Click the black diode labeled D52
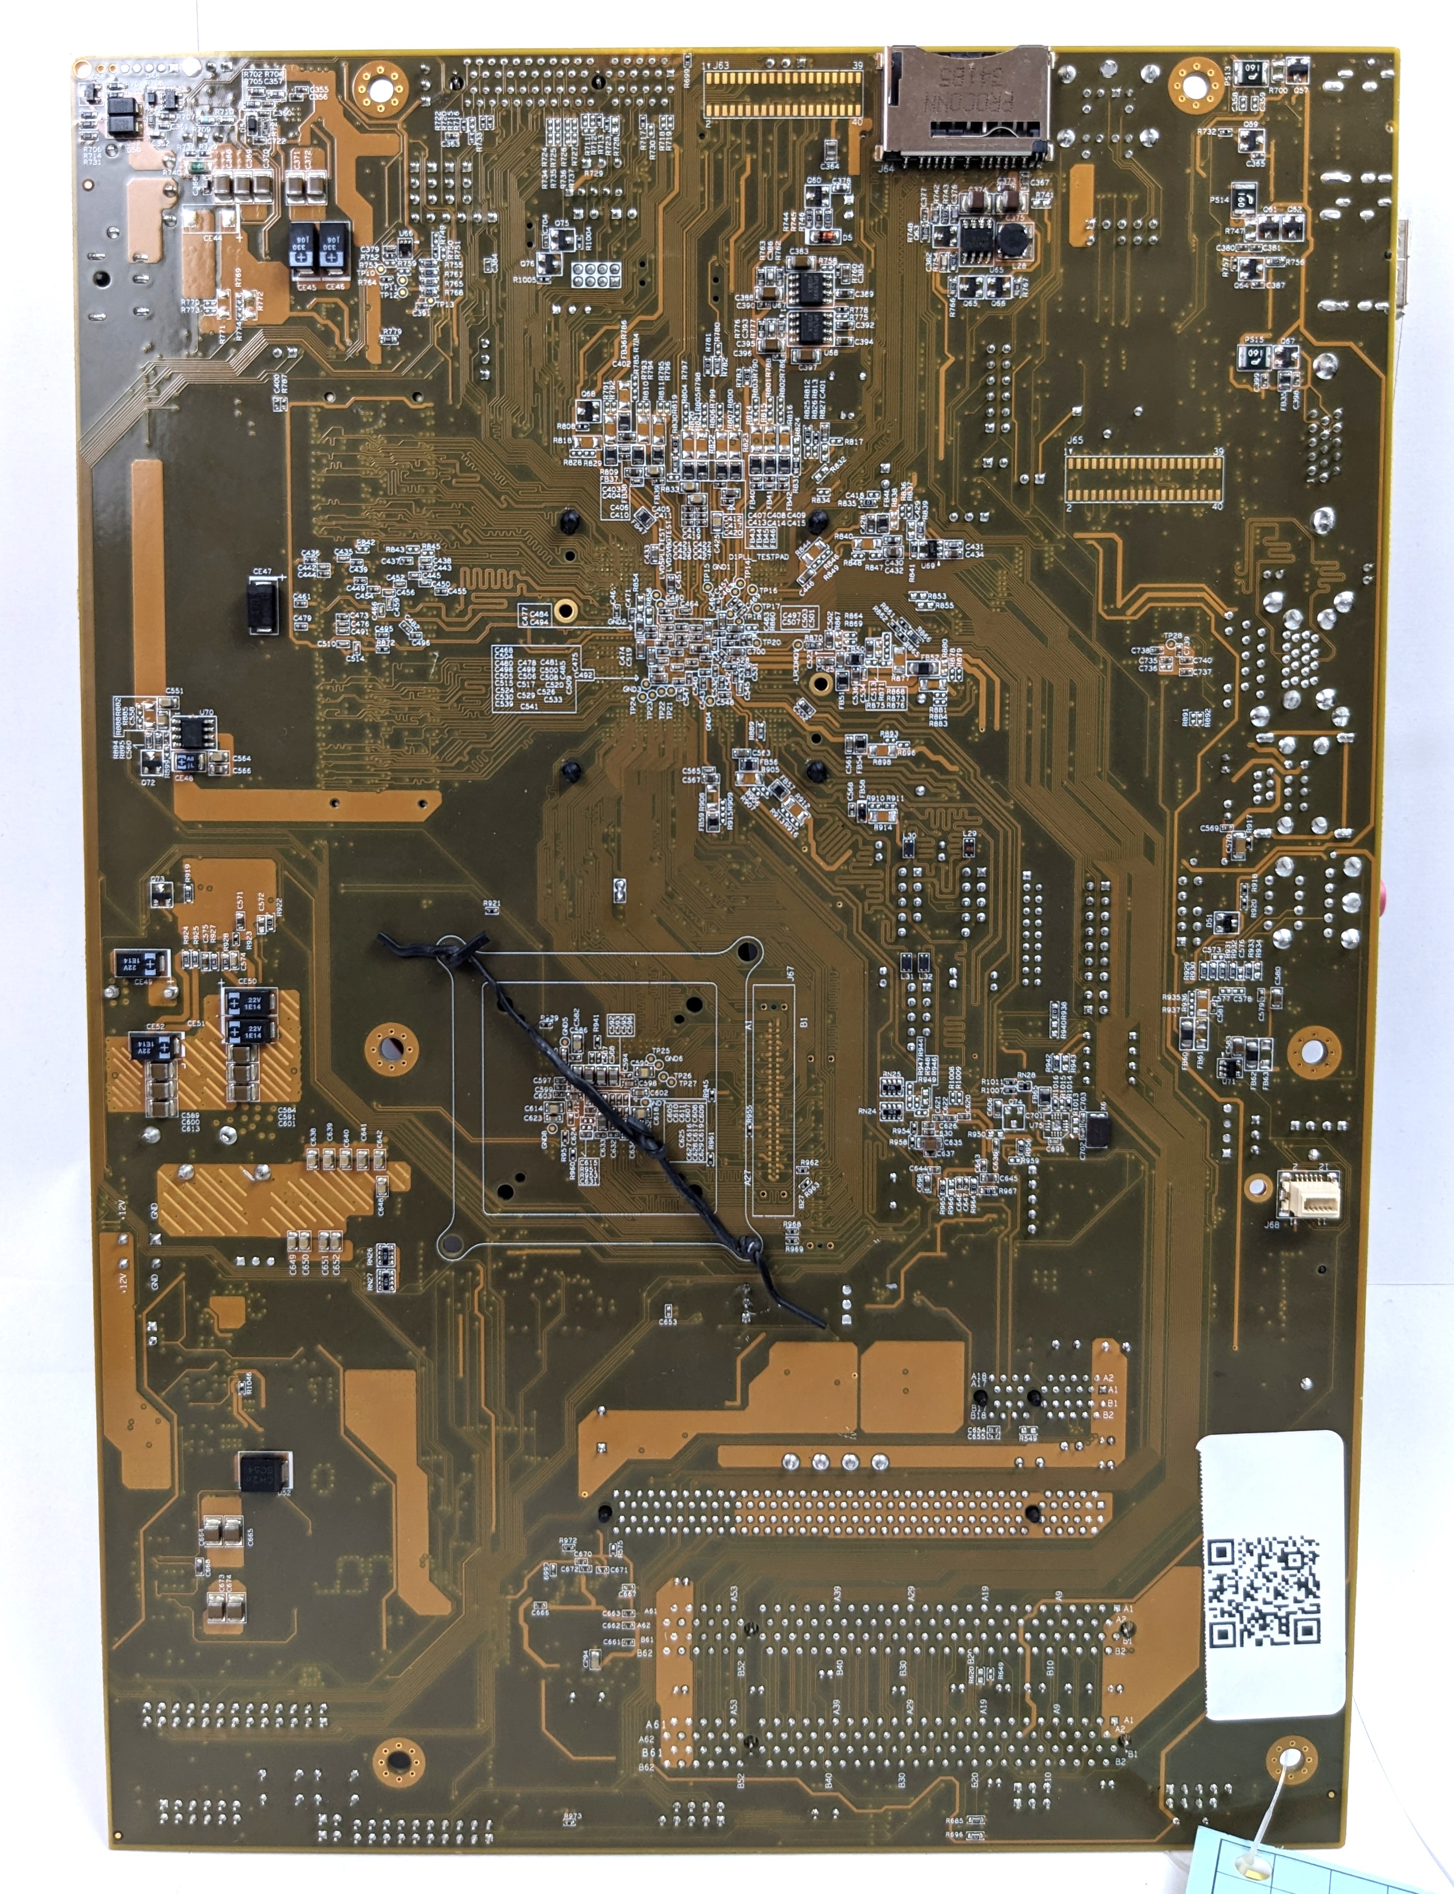pyautogui.click(x=264, y=1471)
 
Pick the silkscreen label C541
pyautogui.click(x=529, y=706)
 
